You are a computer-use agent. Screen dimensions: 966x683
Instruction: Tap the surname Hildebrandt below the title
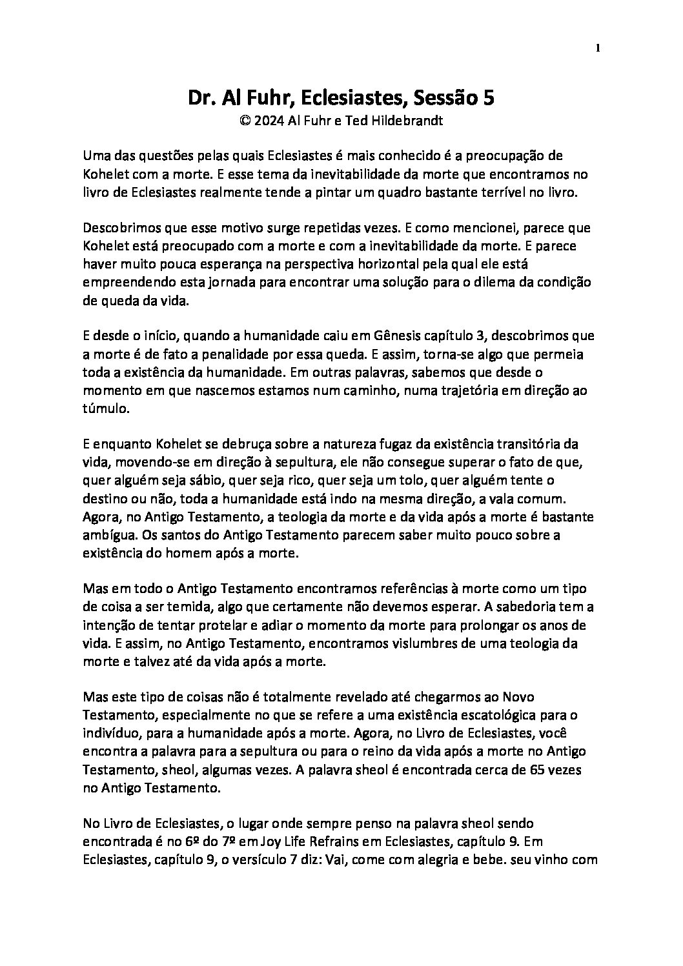click(405, 121)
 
